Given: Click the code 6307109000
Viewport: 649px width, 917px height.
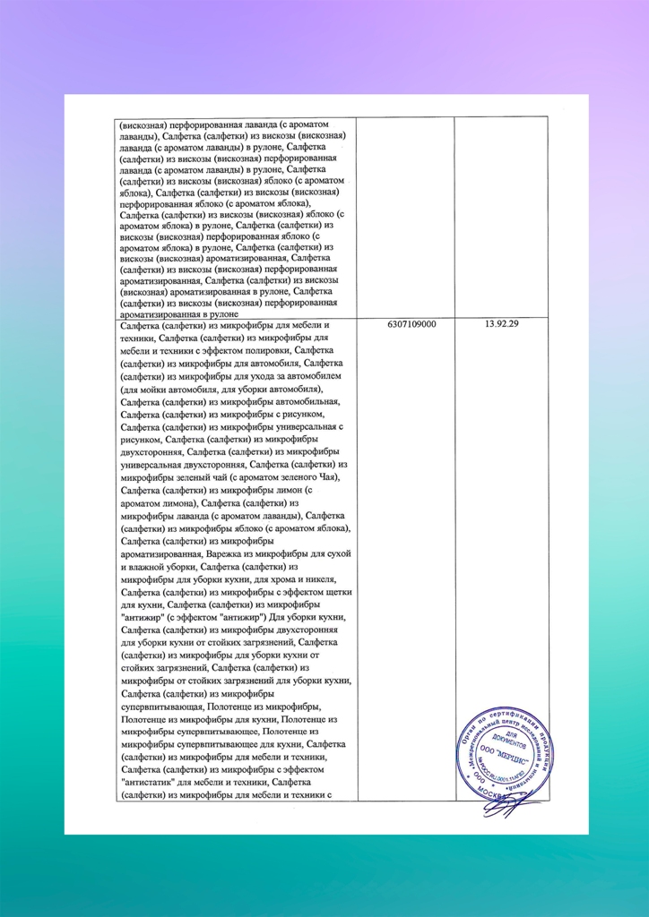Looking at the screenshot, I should [x=406, y=324].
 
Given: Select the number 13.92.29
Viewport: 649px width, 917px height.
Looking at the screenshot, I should [x=500, y=324].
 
